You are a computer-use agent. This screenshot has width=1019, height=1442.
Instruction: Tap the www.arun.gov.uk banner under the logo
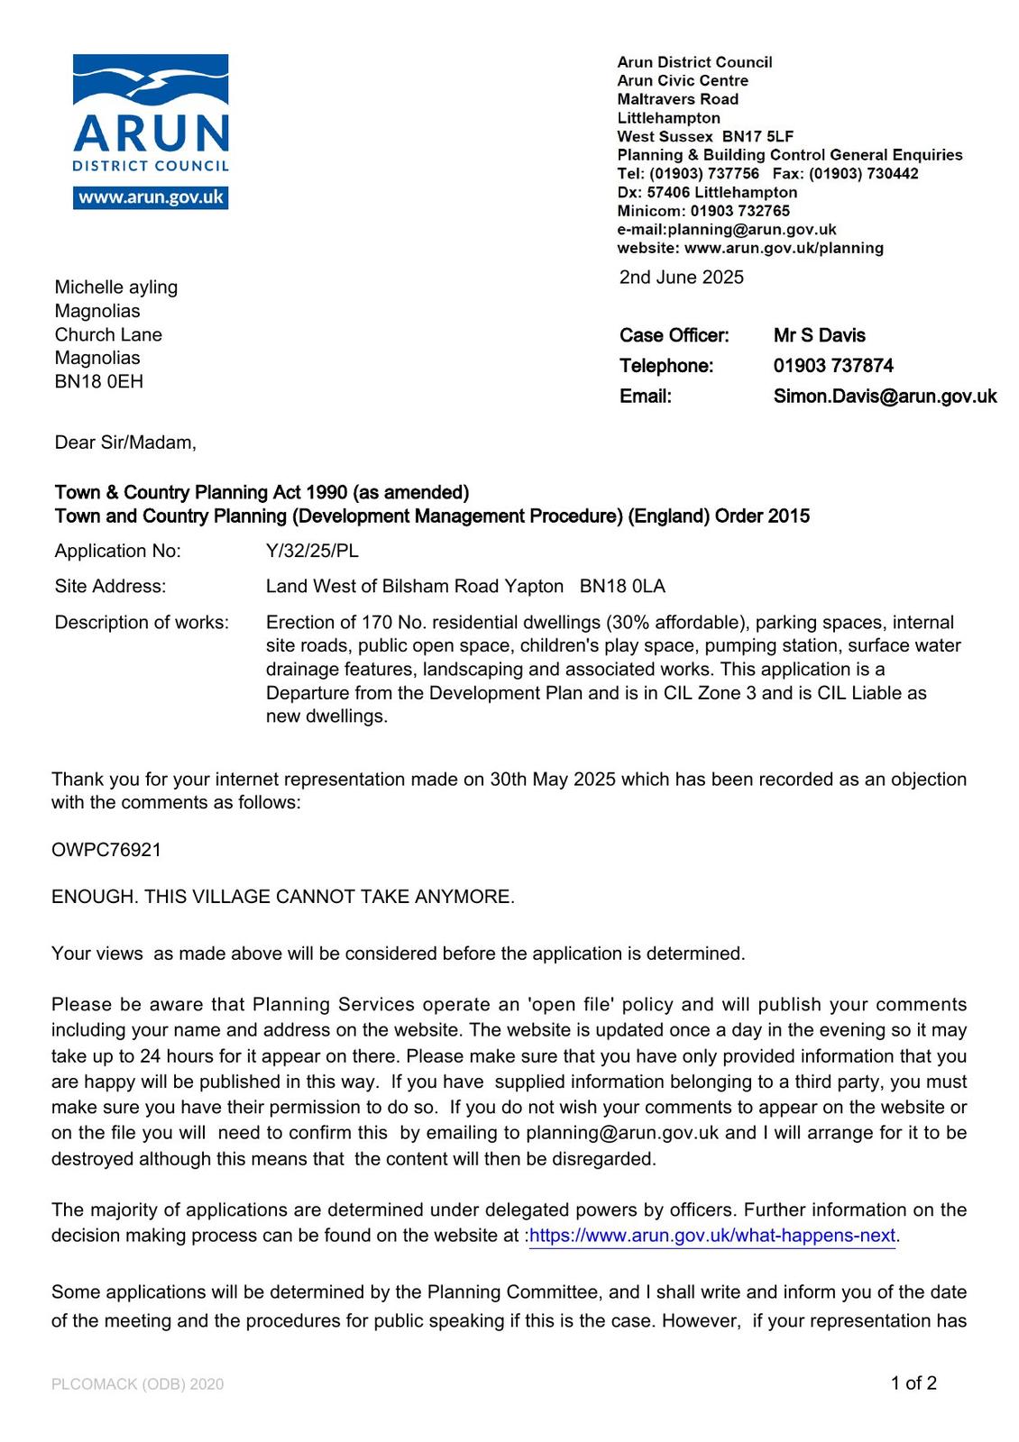[x=151, y=197]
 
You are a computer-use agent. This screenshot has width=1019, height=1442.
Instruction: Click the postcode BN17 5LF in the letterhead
[x=757, y=136]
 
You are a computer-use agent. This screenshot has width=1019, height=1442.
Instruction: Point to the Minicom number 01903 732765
[x=739, y=211]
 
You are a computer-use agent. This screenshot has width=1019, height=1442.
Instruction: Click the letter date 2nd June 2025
[x=681, y=278]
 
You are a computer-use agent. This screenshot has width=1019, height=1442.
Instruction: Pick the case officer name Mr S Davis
[x=819, y=335]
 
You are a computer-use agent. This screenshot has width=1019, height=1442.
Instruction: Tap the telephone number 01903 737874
[x=833, y=366]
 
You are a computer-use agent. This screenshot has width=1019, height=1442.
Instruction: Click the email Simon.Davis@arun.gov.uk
[x=885, y=397]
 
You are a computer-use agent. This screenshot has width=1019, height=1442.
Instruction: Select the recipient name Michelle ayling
[x=116, y=287]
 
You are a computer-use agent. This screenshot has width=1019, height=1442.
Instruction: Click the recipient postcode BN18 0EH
[x=98, y=381]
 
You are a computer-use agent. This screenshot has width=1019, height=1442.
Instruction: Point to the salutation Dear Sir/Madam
[x=124, y=443]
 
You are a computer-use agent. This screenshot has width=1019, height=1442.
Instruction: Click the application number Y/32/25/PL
[x=312, y=551]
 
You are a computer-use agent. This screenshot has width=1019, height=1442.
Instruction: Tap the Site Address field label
[x=110, y=587]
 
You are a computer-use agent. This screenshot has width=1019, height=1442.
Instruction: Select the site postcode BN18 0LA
[x=622, y=587]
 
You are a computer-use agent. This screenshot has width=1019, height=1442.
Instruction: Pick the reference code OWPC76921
[x=106, y=850]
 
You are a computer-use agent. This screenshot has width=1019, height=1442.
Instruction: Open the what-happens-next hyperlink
[x=712, y=1236]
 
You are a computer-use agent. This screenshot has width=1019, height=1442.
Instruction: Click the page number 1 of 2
[x=913, y=1383]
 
